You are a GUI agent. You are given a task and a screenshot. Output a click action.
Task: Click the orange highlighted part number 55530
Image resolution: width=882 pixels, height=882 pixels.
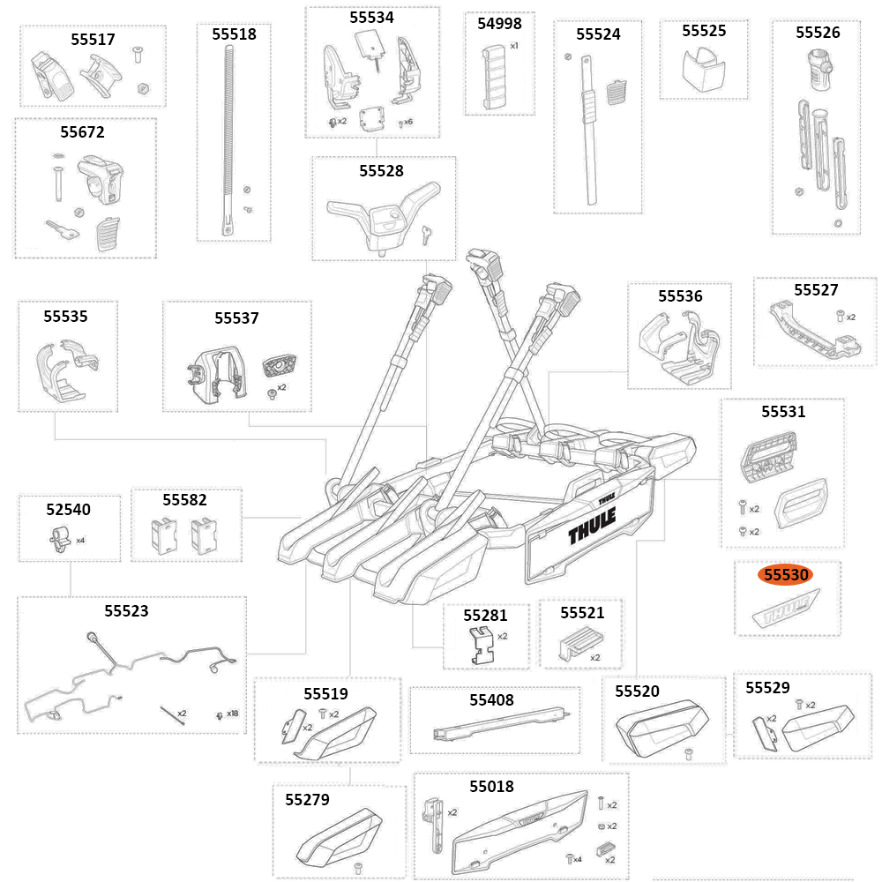785,575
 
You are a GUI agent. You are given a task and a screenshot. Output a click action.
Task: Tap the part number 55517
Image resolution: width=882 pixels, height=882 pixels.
93,40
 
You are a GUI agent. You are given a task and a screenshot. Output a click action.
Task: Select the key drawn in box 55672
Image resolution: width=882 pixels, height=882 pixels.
64,231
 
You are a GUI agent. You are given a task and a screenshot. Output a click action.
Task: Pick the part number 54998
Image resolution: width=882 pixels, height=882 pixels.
499,24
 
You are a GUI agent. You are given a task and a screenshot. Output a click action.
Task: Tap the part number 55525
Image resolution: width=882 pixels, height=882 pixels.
704,31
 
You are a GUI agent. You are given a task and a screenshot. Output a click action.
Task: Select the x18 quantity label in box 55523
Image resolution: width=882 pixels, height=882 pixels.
232,713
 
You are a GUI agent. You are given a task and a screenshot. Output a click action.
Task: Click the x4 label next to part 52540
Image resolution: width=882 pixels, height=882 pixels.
80,540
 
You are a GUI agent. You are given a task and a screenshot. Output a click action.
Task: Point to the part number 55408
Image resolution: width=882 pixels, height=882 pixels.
491,700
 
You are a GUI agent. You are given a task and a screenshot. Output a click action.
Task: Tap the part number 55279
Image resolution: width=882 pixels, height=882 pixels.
307,799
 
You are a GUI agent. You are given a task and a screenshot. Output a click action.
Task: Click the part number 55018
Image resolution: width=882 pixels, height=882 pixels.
491,786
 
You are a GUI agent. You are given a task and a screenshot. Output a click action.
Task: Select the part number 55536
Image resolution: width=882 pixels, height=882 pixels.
680,296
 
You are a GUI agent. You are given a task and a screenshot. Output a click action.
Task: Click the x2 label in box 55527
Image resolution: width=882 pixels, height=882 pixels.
850,317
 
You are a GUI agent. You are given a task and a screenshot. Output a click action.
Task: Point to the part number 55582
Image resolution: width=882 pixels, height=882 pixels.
185,500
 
